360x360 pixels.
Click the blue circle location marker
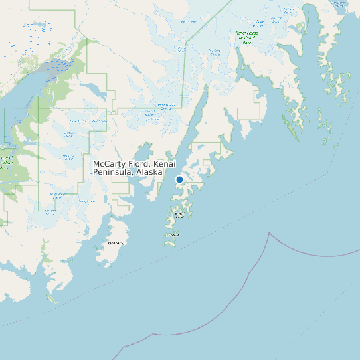point(179,179)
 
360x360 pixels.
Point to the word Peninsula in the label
point(112,172)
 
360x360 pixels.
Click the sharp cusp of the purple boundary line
point(269,233)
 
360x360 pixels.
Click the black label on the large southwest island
point(115,242)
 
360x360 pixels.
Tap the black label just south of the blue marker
point(179,214)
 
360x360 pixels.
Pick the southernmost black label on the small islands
point(172,235)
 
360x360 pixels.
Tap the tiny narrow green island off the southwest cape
point(52,300)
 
